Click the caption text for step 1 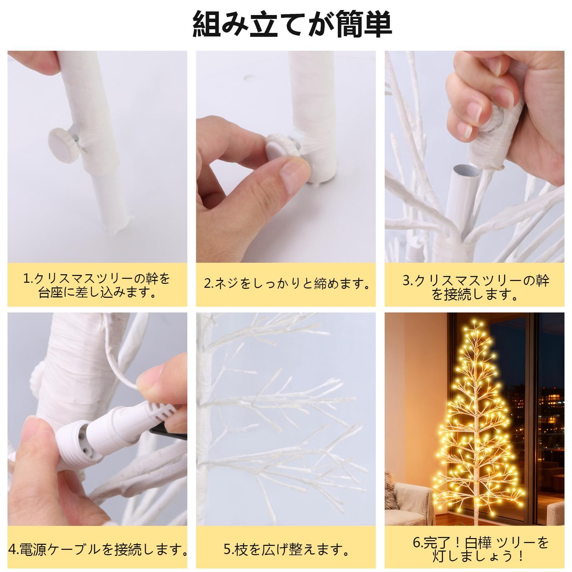point(97,285)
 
